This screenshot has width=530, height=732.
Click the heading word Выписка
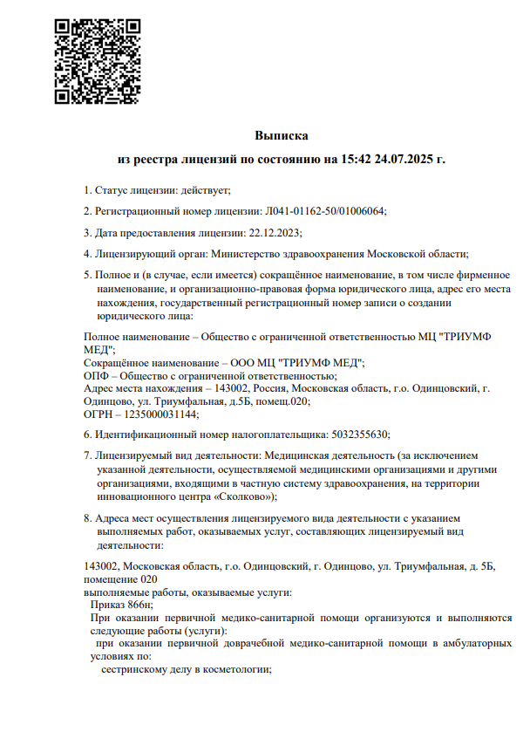point(282,136)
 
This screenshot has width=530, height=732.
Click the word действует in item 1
point(207,189)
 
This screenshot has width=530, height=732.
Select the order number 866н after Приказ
point(139,604)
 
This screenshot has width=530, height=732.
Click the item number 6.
point(86,434)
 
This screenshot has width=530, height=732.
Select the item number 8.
point(86,519)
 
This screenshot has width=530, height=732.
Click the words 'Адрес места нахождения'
point(139,388)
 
